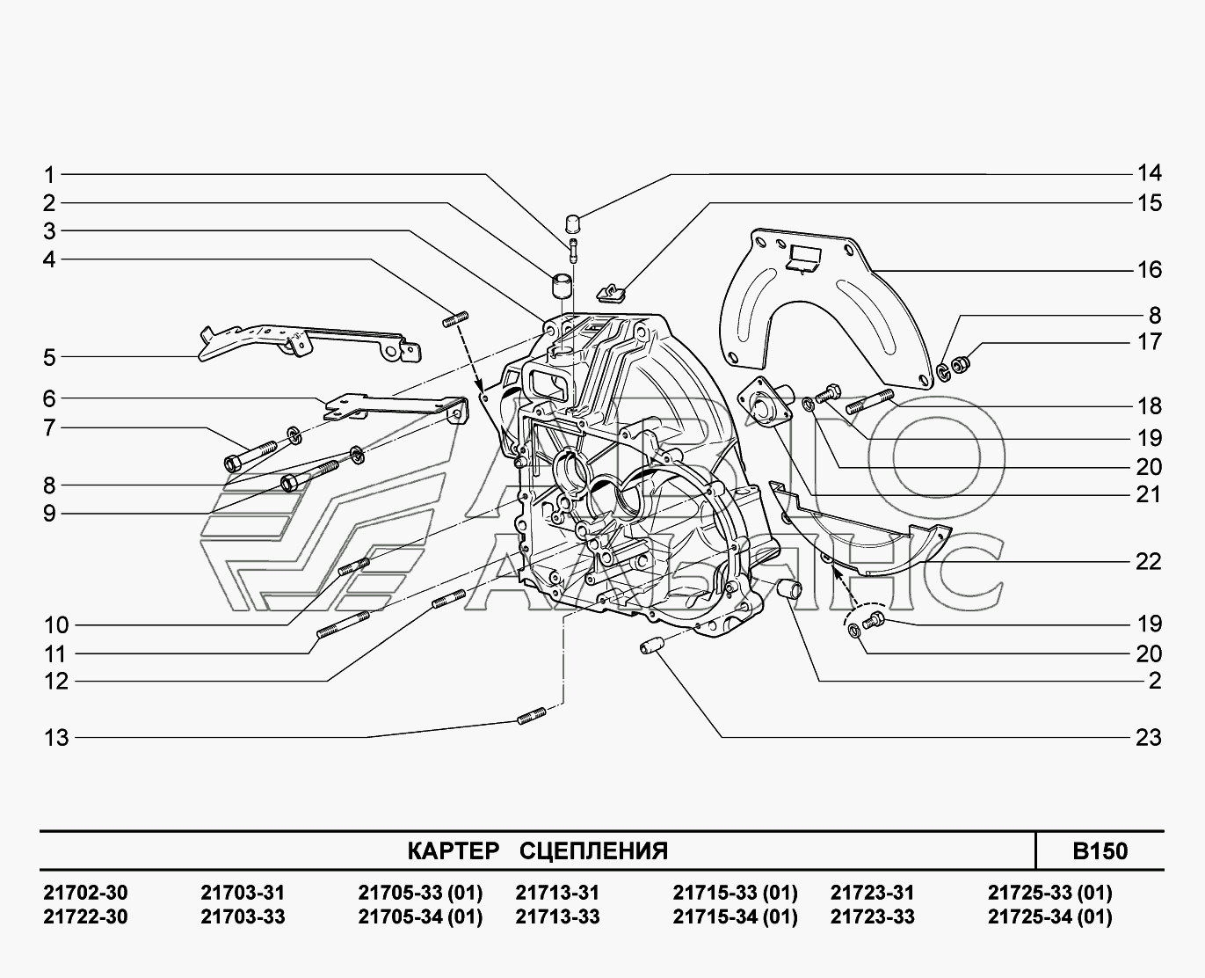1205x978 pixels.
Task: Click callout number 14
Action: pos(1149,173)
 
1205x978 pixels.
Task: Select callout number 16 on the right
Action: pos(1149,269)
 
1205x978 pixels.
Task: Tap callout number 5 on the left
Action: pos(49,358)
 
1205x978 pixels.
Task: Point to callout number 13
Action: pos(56,737)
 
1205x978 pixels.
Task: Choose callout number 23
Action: pos(1149,737)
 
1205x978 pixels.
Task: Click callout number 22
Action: pos(1149,561)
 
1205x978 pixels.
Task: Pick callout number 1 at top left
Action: pos(49,174)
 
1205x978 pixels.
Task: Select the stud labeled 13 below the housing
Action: pos(533,717)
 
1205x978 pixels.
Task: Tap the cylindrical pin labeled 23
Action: pos(650,648)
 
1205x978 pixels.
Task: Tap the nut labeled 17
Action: pos(962,361)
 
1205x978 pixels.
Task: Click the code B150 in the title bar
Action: pos(1099,851)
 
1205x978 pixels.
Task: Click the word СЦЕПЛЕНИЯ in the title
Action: pos(593,851)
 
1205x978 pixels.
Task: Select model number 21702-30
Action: pos(85,893)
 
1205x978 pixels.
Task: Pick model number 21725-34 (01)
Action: pos(1049,916)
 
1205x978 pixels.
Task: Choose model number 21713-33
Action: pos(557,916)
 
